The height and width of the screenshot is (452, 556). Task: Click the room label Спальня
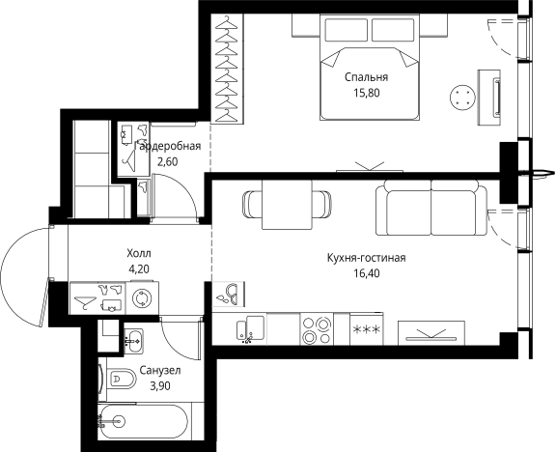366,77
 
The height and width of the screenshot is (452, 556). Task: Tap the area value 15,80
366,93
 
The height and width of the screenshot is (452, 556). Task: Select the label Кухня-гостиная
366,258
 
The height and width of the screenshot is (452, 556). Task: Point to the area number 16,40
366,273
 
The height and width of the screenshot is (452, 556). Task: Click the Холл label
139,253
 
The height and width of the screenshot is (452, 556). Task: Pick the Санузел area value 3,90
160,385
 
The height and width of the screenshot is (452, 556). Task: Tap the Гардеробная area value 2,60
167,162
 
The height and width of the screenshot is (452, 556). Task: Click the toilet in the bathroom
122,379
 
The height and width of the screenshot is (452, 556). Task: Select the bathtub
143,422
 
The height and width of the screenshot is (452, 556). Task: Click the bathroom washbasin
133,341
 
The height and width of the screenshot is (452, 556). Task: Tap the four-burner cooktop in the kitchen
317,329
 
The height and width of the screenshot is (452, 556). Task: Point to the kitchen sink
250,329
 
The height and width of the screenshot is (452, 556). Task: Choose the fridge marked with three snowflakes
366,329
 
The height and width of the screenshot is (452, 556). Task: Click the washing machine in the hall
142,298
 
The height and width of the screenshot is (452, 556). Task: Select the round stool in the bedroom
462,98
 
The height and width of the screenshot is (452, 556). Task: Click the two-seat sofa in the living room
431,208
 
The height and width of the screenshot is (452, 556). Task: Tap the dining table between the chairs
287,205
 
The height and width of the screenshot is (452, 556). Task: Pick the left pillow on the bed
346,29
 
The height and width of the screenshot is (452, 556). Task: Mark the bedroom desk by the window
489,98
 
